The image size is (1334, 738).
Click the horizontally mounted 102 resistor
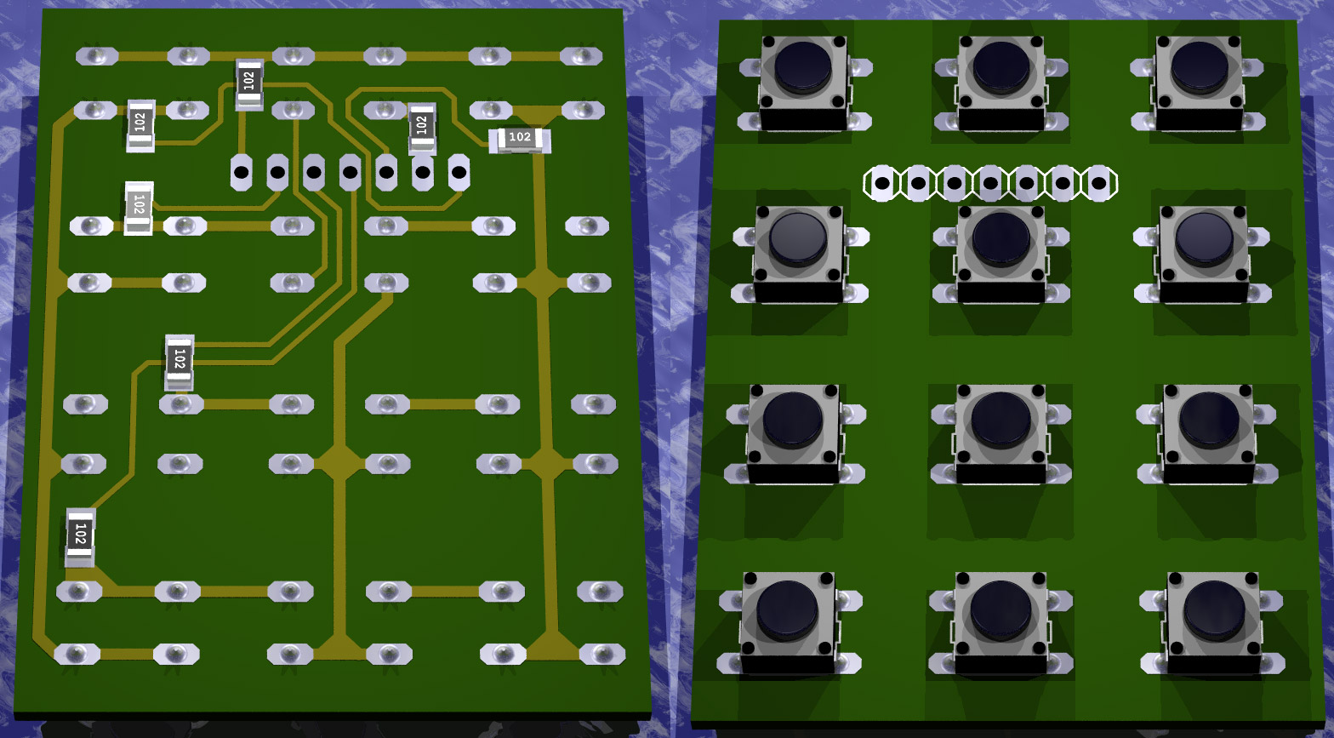(x=519, y=140)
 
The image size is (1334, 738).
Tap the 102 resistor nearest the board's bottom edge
(x=80, y=537)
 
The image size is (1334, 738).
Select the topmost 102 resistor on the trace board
(x=249, y=84)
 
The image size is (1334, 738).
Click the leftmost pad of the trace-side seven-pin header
(x=242, y=173)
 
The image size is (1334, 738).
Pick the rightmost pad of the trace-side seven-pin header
(x=459, y=173)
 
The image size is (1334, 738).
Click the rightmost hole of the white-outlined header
(x=1099, y=183)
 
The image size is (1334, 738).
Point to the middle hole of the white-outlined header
(x=990, y=183)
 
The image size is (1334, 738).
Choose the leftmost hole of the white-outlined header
(x=882, y=183)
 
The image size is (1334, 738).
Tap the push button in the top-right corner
(x=1198, y=83)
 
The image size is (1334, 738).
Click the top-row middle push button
(x=1001, y=83)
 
